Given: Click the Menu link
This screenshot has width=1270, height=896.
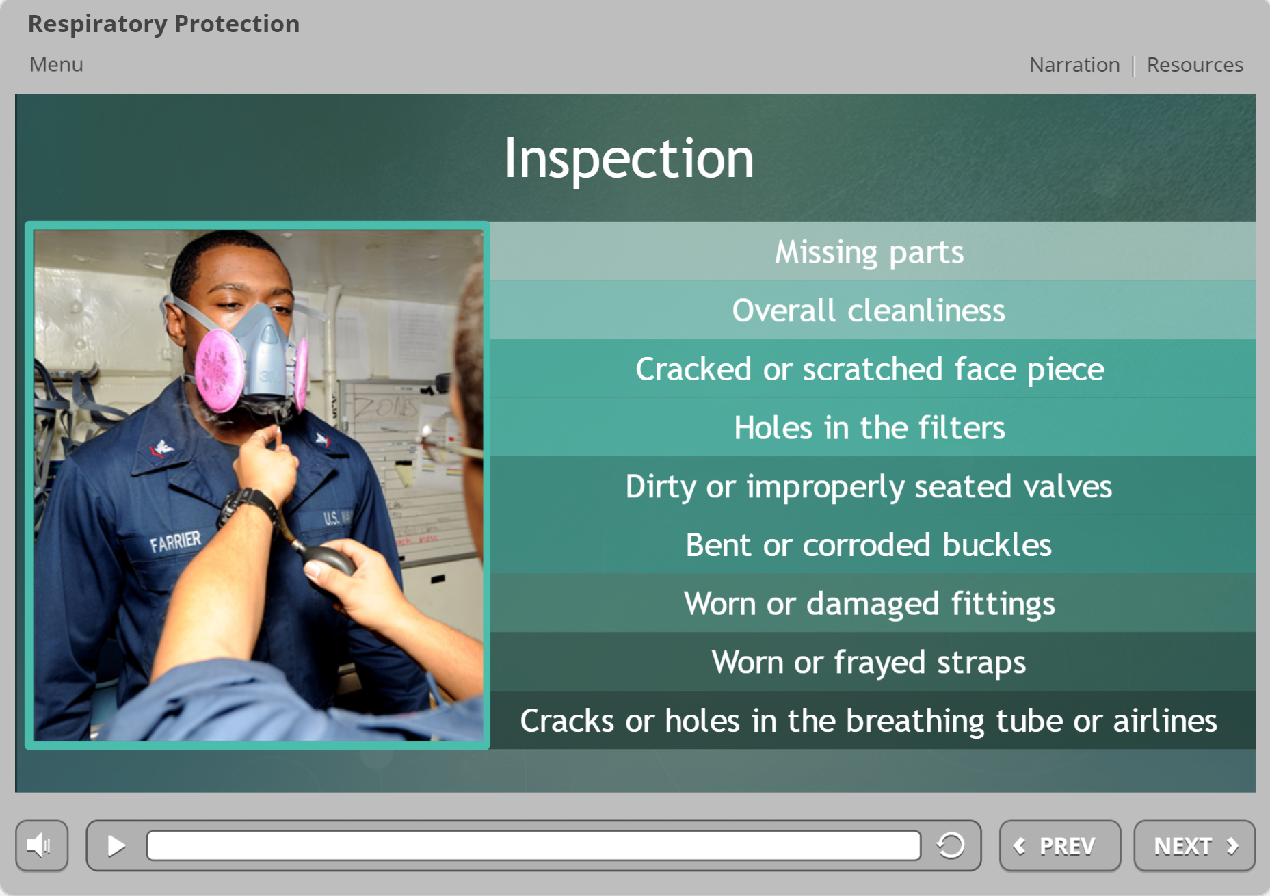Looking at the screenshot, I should [x=56, y=64].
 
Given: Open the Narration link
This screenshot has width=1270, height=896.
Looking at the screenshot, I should [x=1074, y=65].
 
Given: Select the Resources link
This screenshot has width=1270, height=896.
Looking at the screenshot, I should [x=1194, y=65].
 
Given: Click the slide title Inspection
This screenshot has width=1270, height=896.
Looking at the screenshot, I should [x=629, y=159].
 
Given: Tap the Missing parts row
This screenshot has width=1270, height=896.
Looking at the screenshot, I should [x=869, y=252].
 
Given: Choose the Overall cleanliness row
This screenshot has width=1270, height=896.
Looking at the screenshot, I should [x=869, y=311].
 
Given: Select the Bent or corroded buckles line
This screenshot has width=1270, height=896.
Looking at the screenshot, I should [x=869, y=545].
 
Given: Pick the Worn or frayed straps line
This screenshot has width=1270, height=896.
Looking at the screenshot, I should [x=869, y=662].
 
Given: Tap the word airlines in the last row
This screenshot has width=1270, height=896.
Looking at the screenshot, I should [x=1165, y=721].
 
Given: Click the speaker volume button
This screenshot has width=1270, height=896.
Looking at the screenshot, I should [x=42, y=845].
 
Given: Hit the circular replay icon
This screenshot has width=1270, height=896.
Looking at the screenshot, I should [x=951, y=845].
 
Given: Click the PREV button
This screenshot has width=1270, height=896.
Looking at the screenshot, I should [x=1059, y=846].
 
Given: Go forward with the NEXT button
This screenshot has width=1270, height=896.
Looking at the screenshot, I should [x=1194, y=846].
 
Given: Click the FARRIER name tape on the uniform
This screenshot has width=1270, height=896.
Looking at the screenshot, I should [x=175, y=542].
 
